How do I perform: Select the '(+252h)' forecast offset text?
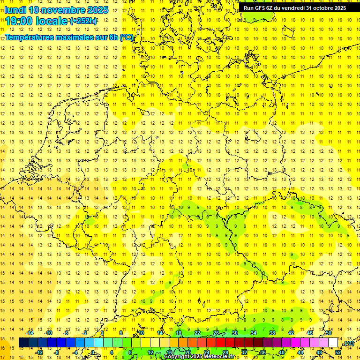(x=83, y=21)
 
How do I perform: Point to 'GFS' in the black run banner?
(x=259, y=8)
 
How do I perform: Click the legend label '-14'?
(x=30, y=333)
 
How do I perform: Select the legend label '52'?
(x=338, y=352)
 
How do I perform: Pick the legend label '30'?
(x=234, y=333)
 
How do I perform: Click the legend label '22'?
(x=197, y=333)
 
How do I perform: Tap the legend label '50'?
(x=329, y=333)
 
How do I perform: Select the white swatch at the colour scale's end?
(x=333, y=343)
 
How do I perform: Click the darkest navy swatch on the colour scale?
(x=23, y=343)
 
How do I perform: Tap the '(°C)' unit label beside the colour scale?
(x=348, y=343)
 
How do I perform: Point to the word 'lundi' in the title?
(x=15, y=10)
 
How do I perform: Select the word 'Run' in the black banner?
(x=248, y=8)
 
